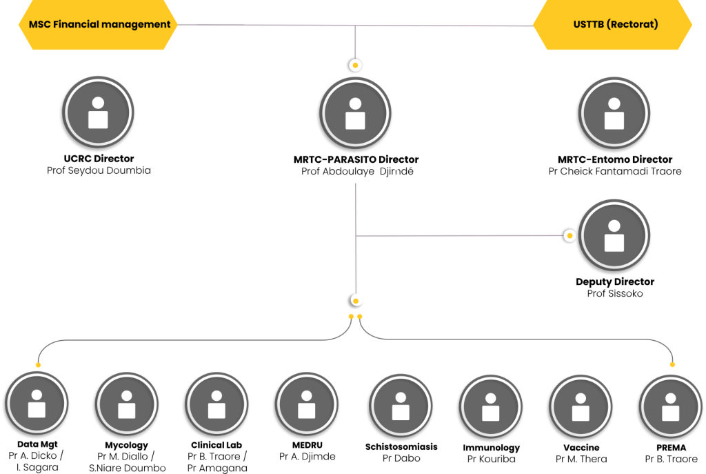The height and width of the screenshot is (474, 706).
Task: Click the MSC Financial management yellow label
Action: tap(98, 25)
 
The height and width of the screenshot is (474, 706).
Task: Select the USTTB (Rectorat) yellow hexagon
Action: tap(613, 25)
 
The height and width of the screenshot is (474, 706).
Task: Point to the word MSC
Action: tap(39, 24)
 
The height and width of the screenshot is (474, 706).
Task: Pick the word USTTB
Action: tap(588, 24)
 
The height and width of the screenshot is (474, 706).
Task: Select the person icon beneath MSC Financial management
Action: tap(98, 112)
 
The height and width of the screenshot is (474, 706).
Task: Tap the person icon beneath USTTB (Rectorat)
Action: tap(614, 112)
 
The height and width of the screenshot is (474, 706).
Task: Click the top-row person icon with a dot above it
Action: tap(355, 112)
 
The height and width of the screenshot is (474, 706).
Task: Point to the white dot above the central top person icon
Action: tap(355, 66)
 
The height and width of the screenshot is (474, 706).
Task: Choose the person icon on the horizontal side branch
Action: tap(614, 235)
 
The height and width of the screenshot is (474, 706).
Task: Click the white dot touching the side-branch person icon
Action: tap(569, 236)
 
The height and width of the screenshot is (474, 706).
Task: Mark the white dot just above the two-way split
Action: tap(356, 300)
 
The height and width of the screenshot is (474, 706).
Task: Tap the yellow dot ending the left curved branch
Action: tap(38, 365)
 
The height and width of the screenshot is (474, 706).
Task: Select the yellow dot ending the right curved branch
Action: tap(672, 364)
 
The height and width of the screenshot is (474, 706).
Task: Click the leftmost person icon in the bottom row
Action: tap(37, 404)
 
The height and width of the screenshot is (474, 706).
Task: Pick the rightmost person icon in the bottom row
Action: tap(670, 405)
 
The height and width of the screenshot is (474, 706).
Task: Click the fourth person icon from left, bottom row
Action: tap(306, 404)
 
